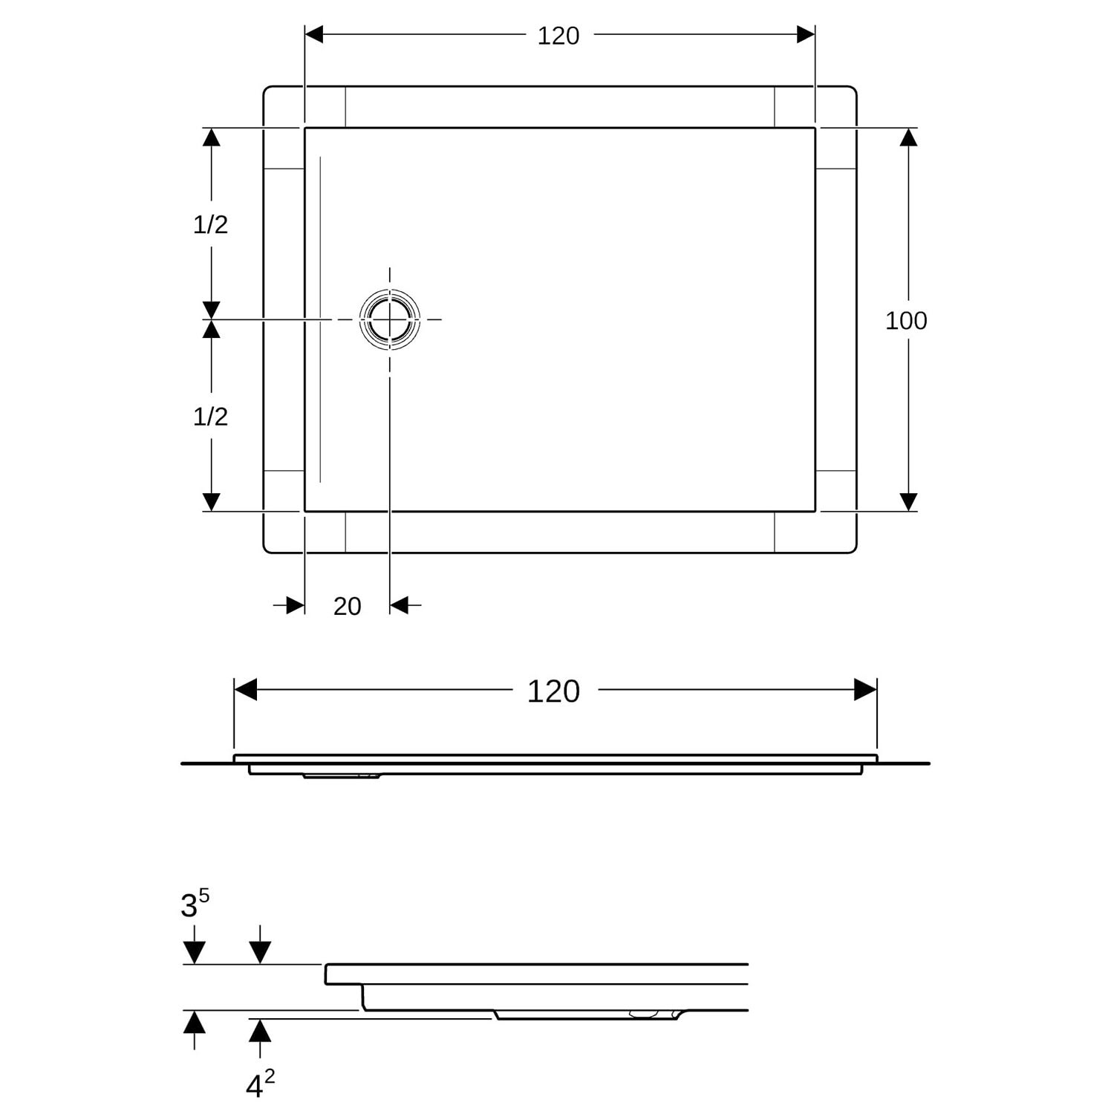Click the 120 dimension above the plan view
pos(558,36)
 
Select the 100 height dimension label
pos(906,321)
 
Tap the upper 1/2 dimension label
pos(210,224)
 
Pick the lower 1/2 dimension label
pos(210,417)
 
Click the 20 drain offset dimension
pos(347,607)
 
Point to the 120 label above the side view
pos(553,691)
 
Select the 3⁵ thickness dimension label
pos(195,903)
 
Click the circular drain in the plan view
pos(390,319)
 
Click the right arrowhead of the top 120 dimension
pos(806,34)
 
